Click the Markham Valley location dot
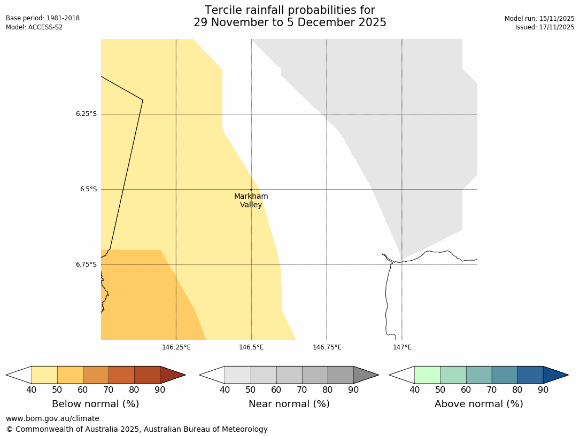[251, 190]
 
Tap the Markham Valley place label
[251, 200]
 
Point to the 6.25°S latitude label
[86, 114]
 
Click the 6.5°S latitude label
[88, 189]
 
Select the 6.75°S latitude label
[86, 264]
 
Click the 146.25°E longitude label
[176, 347]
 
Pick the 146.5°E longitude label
[251, 347]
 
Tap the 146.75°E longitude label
[327, 347]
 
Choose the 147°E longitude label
[402, 347]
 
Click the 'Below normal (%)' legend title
[95, 404]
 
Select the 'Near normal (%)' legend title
[289, 404]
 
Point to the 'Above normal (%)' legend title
[478, 404]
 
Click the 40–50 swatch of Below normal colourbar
[44, 375]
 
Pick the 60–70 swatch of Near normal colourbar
[289, 375]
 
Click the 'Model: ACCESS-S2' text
[34, 27]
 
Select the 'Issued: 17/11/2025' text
[545, 27]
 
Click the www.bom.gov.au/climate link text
[52, 418]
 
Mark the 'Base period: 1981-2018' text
[43, 18]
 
